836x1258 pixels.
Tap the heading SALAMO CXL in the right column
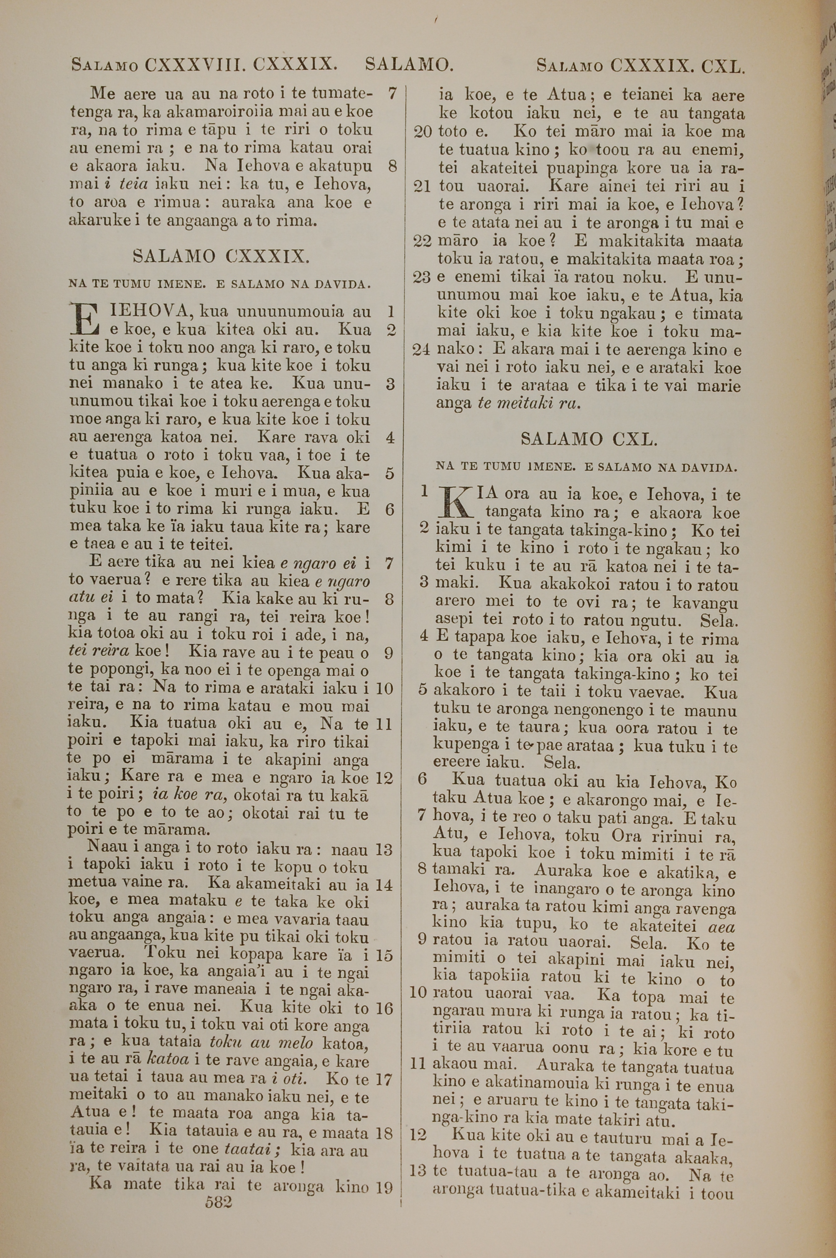point(589,440)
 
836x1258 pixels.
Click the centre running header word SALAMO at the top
point(409,65)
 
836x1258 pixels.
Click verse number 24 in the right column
point(421,350)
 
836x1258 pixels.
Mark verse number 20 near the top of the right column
point(423,132)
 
